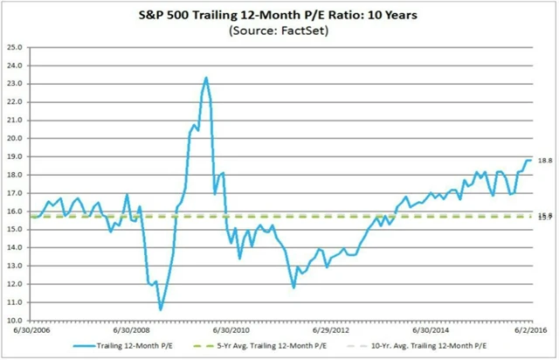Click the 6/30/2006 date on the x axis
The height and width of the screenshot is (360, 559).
(31, 330)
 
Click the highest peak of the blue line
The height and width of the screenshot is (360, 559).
(206, 77)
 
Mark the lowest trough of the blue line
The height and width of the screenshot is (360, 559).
(161, 309)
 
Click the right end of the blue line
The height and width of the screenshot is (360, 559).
(531, 160)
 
